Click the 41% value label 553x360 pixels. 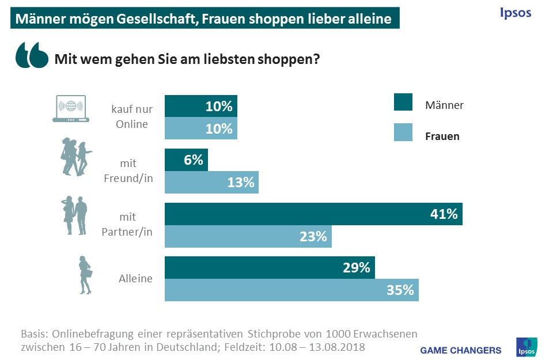point(444,214)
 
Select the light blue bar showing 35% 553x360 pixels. point(291,290)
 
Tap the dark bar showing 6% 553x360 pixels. point(186,160)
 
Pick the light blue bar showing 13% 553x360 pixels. point(211,182)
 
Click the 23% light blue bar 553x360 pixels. point(248,236)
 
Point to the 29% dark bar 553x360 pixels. point(270,268)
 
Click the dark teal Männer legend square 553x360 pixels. point(403,101)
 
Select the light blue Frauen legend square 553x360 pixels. point(403,133)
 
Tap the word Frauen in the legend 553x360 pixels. point(442,137)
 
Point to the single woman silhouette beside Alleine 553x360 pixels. point(86,275)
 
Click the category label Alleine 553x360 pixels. point(136,279)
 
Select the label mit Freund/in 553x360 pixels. point(128,171)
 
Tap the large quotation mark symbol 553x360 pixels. point(32,56)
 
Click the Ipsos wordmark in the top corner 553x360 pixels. point(515,13)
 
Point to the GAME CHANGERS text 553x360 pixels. point(460,350)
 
